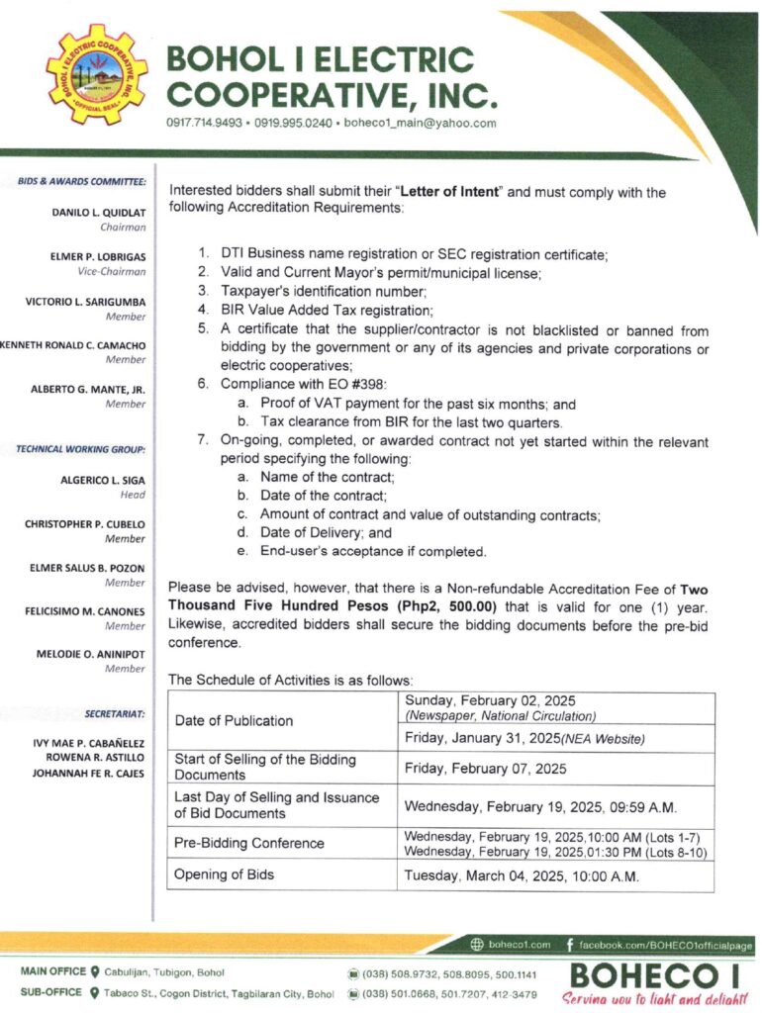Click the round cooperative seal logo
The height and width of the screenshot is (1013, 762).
(x=96, y=74)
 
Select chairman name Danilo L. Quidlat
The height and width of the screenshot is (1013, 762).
(x=98, y=212)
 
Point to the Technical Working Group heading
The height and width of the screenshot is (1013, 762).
(x=81, y=449)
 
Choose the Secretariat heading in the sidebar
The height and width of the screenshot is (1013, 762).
(x=117, y=712)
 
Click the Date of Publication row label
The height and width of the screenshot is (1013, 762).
(x=234, y=720)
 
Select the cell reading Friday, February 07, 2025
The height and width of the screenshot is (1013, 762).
(x=484, y=768)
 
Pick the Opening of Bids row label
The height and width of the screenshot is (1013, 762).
(x=224, y=875)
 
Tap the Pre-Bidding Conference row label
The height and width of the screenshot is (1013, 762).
(x=248, y=843)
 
